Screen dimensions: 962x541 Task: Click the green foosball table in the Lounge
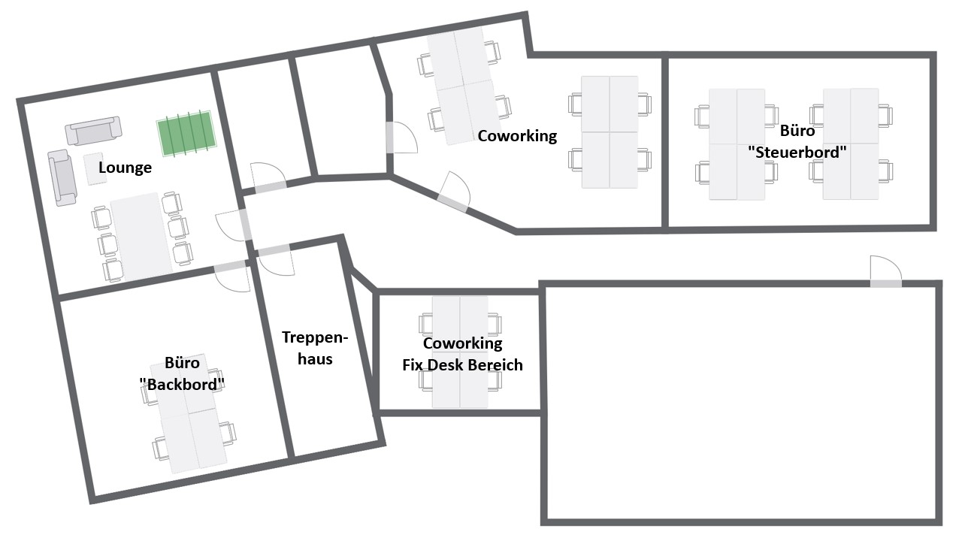(186, 134)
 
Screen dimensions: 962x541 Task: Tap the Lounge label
(125, 167)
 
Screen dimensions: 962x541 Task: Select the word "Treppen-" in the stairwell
(315, 337)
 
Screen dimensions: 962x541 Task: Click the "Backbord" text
(182, 384)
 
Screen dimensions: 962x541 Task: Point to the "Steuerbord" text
(797, 152)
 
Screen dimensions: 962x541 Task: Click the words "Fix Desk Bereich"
(462, 365)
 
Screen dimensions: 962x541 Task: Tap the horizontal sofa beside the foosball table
(93, 131)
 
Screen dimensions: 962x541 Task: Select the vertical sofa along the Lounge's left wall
(62, 178)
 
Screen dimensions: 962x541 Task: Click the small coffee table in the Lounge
(95, 169)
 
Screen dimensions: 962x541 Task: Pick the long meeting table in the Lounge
(141, 236)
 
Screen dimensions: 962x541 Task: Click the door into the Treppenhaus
(276, 261)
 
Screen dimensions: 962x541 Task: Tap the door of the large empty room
(886, 271)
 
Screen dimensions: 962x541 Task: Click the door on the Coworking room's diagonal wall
(455, 192)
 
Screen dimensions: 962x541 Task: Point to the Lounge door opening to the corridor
(233, 225)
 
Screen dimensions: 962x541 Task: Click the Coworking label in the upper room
(517, 136)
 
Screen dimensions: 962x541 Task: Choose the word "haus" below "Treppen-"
(315, 359)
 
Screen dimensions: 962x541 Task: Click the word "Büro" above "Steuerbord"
(797, 131)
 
